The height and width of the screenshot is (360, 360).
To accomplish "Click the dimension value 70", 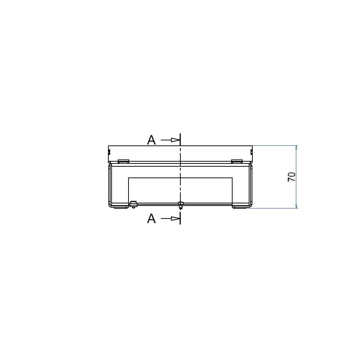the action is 292,177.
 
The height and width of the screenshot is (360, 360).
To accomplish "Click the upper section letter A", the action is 151,140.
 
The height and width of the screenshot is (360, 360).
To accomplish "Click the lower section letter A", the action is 151,219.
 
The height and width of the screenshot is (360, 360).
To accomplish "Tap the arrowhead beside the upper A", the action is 175,140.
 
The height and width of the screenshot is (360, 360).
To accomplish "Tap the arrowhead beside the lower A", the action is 175,219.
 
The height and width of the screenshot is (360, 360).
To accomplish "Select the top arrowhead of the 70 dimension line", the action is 296,147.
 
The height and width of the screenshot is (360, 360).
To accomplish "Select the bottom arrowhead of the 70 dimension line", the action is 296,206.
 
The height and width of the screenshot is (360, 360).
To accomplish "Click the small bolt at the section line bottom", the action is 181,205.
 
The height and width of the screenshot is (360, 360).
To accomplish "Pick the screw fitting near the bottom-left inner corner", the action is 134,204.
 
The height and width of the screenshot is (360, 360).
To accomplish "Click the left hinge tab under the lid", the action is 123,161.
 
